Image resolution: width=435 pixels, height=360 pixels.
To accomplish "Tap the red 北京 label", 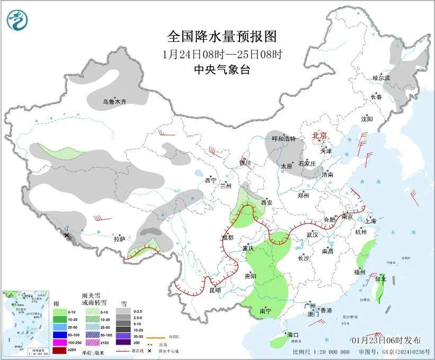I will (320, 136).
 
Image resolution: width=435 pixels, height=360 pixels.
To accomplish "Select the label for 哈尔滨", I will (380, 78).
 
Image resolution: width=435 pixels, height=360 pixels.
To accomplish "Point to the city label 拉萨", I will (119, 239).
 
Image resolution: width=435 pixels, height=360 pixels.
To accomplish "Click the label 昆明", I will (215, 290).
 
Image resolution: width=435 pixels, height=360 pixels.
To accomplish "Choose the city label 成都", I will (227, 237).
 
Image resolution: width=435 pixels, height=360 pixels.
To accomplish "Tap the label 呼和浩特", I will (283, 139).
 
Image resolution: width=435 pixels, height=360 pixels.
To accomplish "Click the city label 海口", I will (293, 335).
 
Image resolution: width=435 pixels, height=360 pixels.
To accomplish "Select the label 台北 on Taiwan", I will (380, 278).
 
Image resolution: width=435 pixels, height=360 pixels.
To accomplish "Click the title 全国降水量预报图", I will (222, 36).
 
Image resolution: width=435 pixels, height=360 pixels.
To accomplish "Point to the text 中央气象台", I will (222, 69).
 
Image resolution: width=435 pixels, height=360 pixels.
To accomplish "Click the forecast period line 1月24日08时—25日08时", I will (222, 54).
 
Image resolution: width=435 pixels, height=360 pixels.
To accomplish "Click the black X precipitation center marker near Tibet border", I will (67, 234).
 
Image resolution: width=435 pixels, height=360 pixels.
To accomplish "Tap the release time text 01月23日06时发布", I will (386, 340).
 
